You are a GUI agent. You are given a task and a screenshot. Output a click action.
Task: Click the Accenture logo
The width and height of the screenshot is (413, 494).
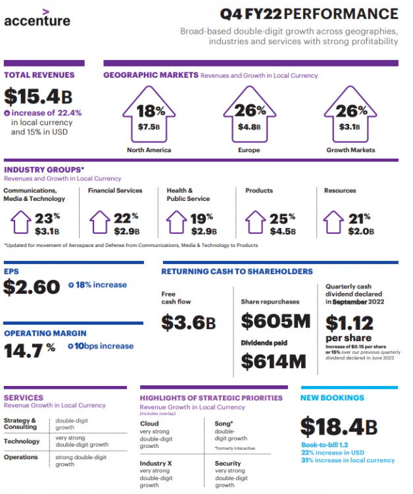pos(37,18)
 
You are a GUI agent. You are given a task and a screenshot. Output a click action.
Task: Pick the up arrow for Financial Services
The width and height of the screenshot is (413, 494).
pos(99,223)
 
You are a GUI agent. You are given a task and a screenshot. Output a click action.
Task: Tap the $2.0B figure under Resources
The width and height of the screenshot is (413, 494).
pos(362,231)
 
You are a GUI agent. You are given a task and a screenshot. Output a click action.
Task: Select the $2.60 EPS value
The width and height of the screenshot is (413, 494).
pos(32,287)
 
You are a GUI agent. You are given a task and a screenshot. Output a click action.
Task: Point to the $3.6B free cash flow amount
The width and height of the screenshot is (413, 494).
pos(189,323)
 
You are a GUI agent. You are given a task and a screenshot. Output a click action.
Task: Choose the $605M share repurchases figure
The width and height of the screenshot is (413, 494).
pos(275,321)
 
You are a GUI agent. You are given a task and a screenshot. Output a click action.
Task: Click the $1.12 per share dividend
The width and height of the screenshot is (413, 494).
pos(349,323)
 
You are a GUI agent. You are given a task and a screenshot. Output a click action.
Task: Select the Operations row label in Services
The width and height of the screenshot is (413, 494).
pos(22,456)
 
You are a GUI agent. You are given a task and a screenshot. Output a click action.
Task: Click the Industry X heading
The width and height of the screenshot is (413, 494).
pos(156,464)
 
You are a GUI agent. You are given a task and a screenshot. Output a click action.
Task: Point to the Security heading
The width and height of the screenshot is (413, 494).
pos(228,464)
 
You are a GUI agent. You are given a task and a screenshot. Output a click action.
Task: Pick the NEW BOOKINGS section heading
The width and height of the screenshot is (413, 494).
pos(332,398)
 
